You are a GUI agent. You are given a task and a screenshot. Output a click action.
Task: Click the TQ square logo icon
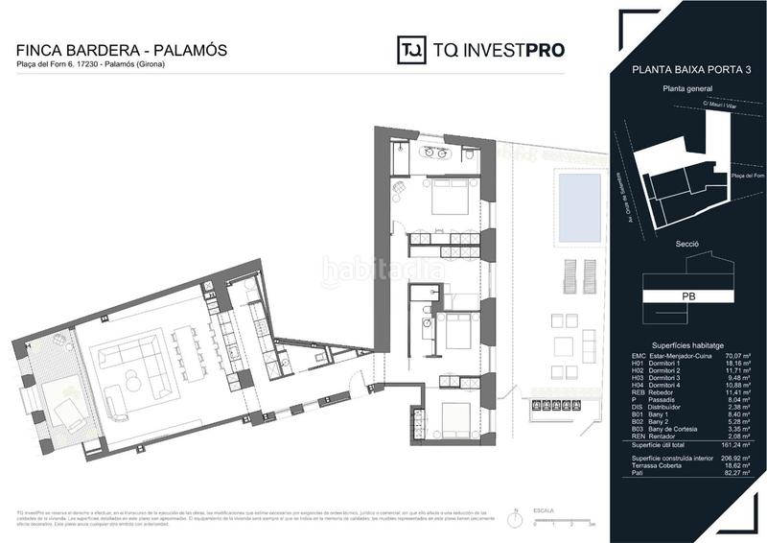click(412, 50)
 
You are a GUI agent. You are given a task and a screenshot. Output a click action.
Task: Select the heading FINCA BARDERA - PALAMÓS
click(123, 49)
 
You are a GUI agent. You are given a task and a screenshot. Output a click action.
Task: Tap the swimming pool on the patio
click(579, 207)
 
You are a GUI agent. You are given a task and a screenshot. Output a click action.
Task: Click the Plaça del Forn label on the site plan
click(746, 176)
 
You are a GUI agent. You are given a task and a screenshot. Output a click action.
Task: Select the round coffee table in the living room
click(133, 384)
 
